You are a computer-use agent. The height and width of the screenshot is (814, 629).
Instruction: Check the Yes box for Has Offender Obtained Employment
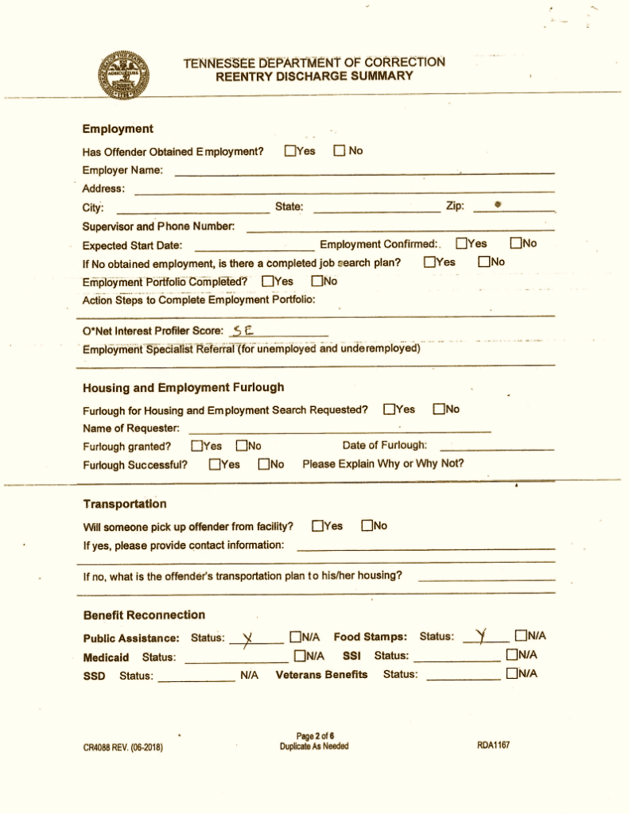click(x=290, y=150)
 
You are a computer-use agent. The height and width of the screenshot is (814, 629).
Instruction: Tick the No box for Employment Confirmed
click(x=516, y=243)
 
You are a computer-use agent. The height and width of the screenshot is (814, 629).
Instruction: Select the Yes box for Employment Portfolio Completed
click(x=267, y=281)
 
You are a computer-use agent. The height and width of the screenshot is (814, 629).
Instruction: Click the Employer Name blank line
click(x=364, y=172)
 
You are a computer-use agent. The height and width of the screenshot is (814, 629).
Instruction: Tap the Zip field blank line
click(x=513, y=208)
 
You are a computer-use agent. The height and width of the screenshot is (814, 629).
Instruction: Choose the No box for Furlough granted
click(x=241, y=446)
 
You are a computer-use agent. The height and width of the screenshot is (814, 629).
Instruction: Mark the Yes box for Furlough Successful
click(x=215, y=464)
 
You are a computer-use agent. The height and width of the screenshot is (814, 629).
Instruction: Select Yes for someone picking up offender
click(x=318, y=525)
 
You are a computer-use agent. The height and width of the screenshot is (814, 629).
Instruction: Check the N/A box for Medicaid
click(x=299, y=656)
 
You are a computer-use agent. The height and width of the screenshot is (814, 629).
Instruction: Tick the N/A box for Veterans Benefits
click(x=511, y=674)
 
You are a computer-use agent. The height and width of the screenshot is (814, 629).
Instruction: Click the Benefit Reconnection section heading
click(x=144, y=615)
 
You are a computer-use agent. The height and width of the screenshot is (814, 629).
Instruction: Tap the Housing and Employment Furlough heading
click(x=183, y=388)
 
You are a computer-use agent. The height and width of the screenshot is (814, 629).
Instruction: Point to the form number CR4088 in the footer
click(x=123, y=747)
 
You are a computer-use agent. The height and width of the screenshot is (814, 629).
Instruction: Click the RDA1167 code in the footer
click(x=493, y=746)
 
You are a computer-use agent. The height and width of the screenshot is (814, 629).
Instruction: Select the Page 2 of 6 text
click(x=313, y=736)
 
